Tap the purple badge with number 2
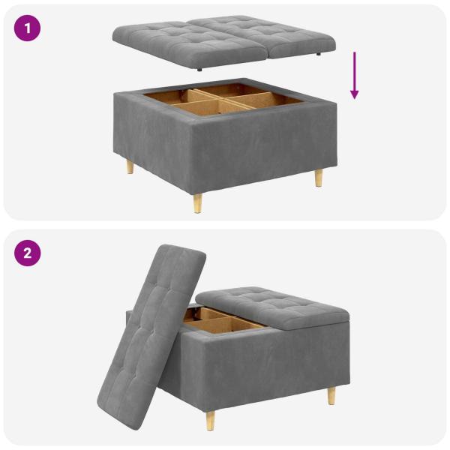(x=28, y=253)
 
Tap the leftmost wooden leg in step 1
(x=130, y=166)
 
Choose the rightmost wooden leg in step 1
(x=319, y=178)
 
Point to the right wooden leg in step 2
(x=331, y=395)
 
